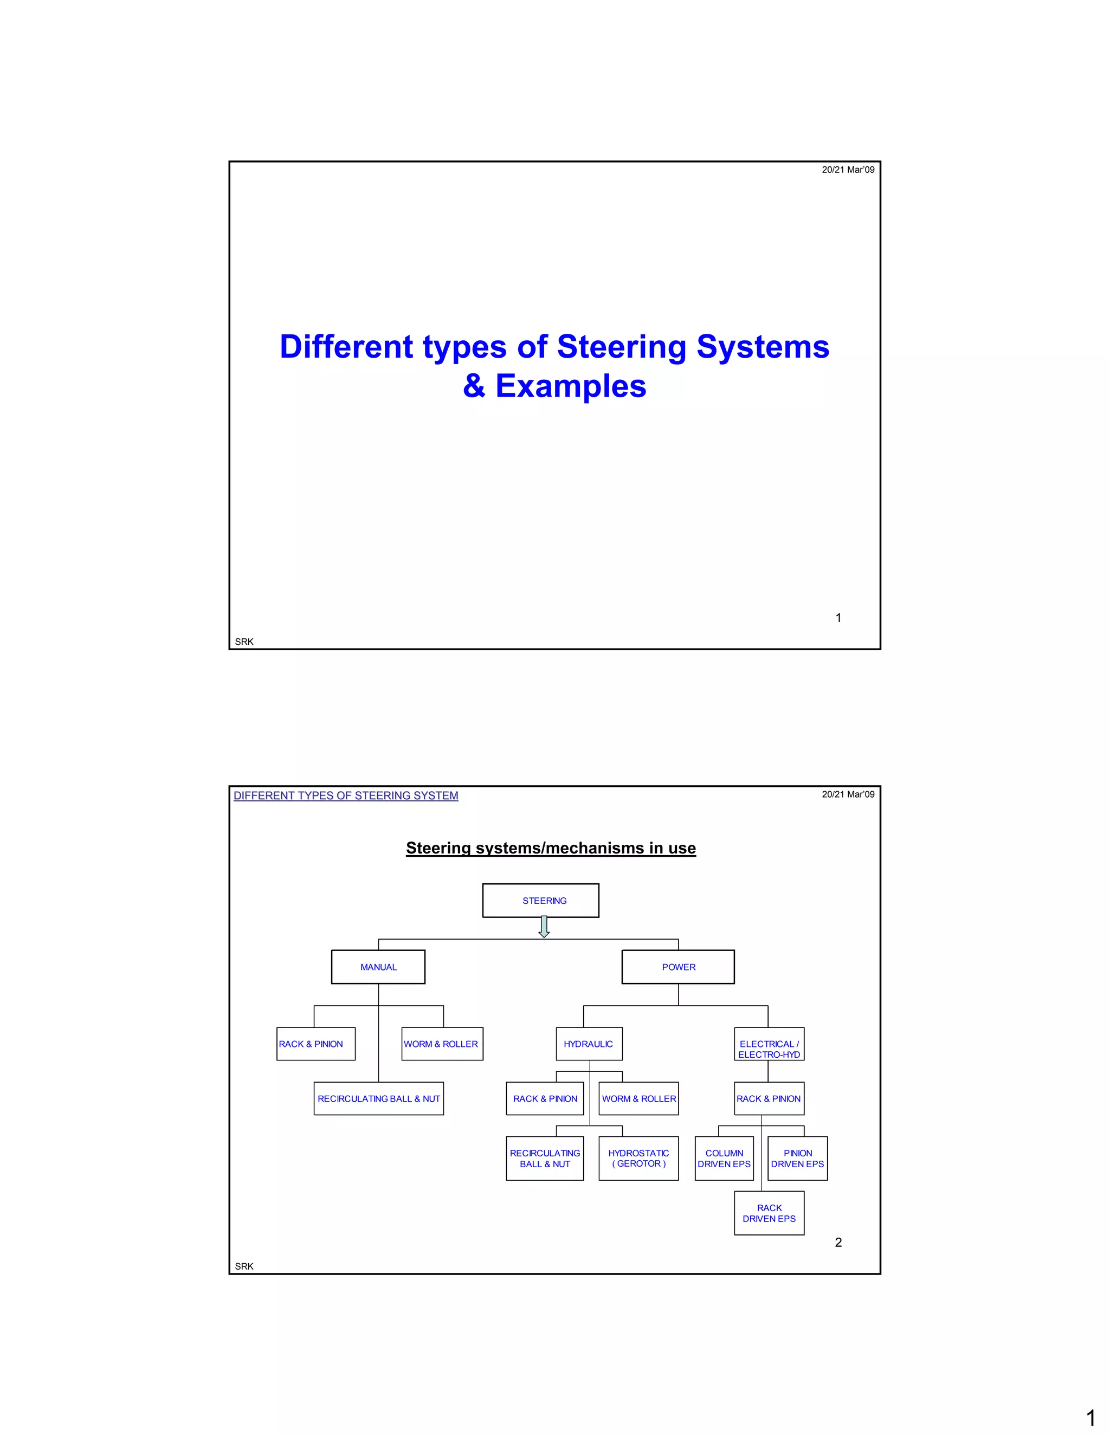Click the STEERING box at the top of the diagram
(x=540, y=900)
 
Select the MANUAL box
(x=378, y=967)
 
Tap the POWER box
(x=678, y=967)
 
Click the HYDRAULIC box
(x=589, y=1044)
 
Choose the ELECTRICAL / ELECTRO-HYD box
(x=769, y=1044)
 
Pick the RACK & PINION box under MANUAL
(x=315, y=1044)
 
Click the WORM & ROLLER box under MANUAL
(x=442, y=1044)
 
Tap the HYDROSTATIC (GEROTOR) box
(x=638, y=1158)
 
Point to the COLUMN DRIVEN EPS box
(x=724, y=1158)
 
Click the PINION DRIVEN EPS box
(x=798, y=1158)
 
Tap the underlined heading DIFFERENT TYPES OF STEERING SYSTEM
(x=346, y=795)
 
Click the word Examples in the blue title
(x=570, y=386)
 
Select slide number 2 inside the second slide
(x=838, y=1242)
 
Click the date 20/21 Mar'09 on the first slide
(x=848, y=170)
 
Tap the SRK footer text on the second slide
(x=244, y=1266)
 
